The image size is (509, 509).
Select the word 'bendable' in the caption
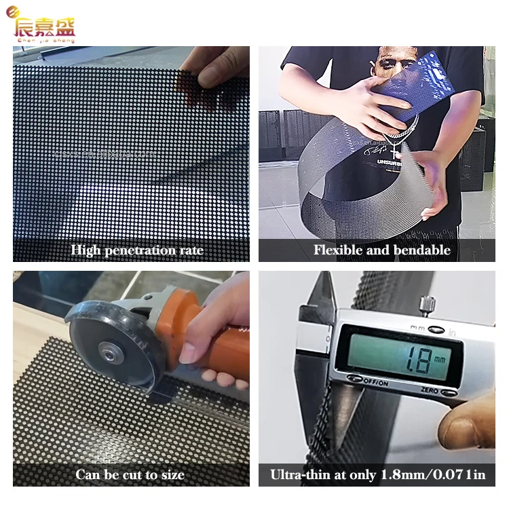click(x=423, y=250)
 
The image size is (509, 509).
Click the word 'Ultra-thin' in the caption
click(x=298, y=474)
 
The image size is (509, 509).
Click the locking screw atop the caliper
click(x=427, y=303)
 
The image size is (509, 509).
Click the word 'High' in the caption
click(x=86, y=250)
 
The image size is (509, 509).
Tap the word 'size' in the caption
click(x=170, y=474)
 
